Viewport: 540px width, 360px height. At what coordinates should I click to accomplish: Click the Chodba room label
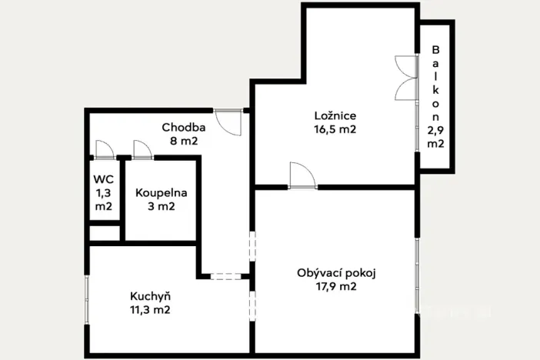(183, 127)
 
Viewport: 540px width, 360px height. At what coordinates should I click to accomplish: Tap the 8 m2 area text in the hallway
(183, 141)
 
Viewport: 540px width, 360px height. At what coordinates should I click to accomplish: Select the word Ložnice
(335, 115)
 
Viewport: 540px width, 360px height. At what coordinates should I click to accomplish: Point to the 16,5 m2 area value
(335, 129)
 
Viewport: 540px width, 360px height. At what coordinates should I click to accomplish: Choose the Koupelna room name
(161, 193)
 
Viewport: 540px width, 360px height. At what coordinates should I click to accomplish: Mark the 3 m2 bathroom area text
(161, 206)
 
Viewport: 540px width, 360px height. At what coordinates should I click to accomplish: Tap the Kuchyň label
(150, 296)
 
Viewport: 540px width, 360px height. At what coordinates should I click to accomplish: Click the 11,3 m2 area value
(150, 310)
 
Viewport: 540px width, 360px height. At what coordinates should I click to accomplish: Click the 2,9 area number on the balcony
(435, 131)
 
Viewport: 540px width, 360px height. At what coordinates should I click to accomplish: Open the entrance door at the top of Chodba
(228, 122)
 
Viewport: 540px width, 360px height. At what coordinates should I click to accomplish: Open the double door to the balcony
(406, 77)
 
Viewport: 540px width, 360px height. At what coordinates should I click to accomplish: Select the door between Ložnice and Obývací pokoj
(302, 176)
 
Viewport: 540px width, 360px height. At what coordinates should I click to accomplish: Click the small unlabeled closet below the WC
(104, 233)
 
